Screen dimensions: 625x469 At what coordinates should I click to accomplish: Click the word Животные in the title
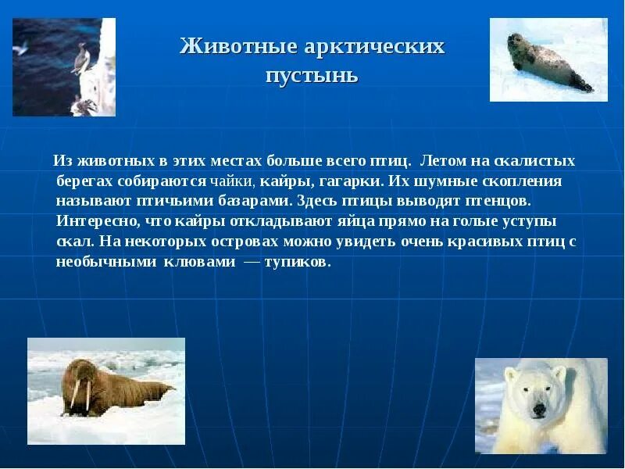click(239, 47)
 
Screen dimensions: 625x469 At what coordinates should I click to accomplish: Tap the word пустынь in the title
click(312, 75)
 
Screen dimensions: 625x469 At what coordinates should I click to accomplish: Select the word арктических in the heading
click(374, 47)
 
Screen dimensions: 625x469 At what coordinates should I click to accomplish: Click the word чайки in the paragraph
click(232, 181)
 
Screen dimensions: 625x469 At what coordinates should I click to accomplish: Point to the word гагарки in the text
click(352, 182)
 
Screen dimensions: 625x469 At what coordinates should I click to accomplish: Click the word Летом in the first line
click(443, 161)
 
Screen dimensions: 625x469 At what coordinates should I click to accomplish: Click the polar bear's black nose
click(539, 408)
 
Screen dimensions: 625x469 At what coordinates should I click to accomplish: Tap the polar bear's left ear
click(511, 374)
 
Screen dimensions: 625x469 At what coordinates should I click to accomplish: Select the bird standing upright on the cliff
click(80, 59)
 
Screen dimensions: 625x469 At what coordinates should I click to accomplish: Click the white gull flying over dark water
click(20, 48)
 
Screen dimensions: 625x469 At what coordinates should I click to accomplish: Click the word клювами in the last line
click(199, 263)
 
